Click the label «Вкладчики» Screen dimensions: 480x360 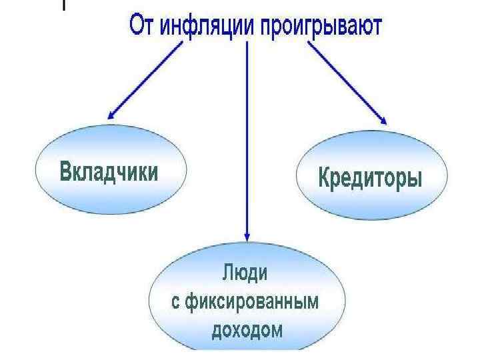point(109,171)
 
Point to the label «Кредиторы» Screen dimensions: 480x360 point(370,179)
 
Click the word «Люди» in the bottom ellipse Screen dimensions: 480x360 point(247,273)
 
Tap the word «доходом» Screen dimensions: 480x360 point(247,329)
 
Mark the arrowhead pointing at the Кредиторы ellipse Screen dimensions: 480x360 point(383,119)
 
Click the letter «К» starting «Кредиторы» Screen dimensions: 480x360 point(324,179)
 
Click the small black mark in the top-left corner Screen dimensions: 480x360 point(64,5)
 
